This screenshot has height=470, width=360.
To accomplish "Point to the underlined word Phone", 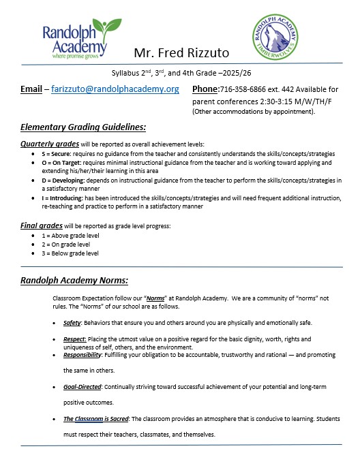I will (205, 89).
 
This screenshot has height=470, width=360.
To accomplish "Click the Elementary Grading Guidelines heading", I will (83, 127).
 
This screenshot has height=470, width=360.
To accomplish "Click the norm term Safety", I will (72, 324).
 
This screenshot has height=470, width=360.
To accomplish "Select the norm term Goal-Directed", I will (82, 386).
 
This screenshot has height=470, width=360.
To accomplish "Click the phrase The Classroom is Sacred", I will (96, 418).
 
